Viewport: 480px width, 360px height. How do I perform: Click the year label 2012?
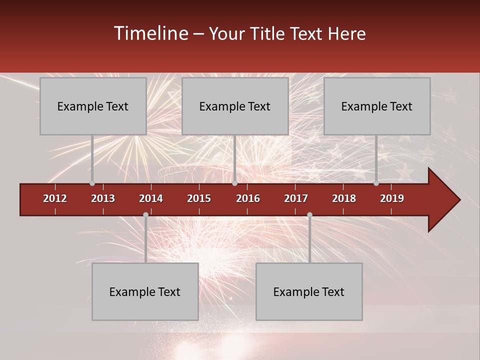pos(55,198)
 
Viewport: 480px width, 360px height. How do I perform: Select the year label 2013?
pos(103,198)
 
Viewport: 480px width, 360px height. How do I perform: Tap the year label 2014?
pos(151,198)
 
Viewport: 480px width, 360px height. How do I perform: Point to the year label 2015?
pos(199,198)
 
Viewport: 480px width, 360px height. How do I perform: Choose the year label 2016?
pos(248,198)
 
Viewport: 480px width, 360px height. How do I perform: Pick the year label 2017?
pos(296,198)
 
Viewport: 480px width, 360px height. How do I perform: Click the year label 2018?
pos(344,198)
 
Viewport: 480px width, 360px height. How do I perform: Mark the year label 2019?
pos(392,198)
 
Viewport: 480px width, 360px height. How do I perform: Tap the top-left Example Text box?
pos(93,106)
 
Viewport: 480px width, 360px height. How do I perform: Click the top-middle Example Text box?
pos(235,106)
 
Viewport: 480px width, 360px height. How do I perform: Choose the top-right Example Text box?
pos(377,106)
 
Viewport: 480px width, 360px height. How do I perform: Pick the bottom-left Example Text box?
pos(145,291)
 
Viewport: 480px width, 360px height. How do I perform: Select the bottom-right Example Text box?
pos(309,291)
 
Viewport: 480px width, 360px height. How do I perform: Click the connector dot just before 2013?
pos(92,183)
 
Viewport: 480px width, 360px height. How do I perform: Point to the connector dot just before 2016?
pos(234,183)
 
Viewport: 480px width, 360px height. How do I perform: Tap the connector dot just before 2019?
pos(376,183)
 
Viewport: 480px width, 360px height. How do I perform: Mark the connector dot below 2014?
pos(145,215)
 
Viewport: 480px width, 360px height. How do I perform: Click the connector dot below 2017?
pos(309,215)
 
